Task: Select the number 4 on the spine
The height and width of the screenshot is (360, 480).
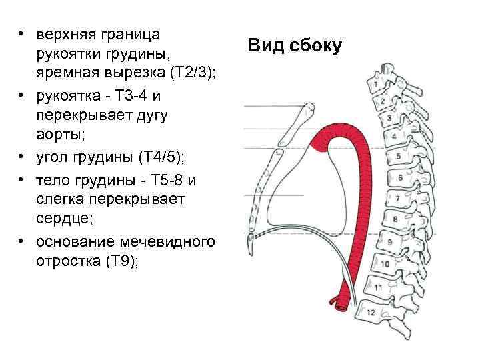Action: (x=394, y=136)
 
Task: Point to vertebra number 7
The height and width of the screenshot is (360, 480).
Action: (x=398, y=199)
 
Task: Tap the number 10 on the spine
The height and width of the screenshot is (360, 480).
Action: (x=385, y=264)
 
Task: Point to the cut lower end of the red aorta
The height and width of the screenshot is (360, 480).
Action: (x=341, y=303)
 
